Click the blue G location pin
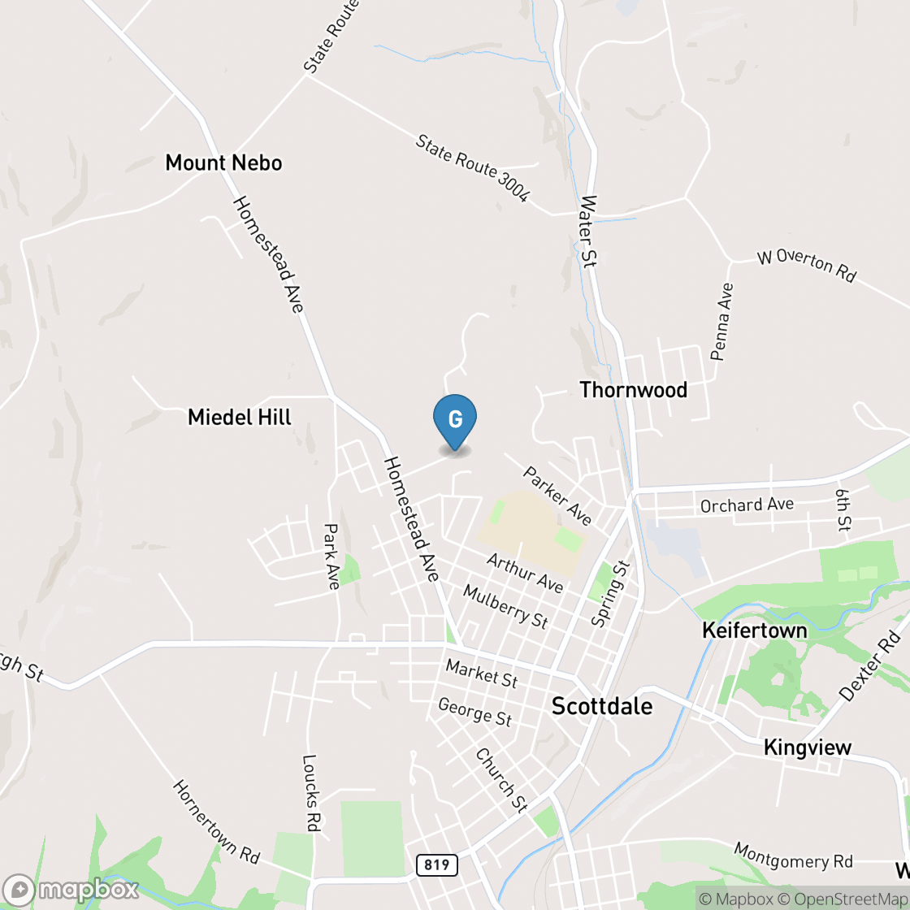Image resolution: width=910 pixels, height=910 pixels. point(455,420)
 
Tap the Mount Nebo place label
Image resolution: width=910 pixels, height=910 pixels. point(223,162)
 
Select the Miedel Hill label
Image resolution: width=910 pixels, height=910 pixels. point(239,418)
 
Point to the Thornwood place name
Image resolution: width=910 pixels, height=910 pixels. point(633,390)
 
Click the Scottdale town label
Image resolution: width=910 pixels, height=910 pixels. point(601,706)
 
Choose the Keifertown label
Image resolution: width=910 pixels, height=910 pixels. point(754,630)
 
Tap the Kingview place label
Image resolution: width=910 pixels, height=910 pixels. point(807,747)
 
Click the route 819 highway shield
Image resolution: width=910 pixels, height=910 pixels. point(436,864)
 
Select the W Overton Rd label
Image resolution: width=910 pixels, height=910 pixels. point(806,265)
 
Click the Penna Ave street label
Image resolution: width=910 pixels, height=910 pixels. point(721,322)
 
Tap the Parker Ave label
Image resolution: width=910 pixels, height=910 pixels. point(557,495)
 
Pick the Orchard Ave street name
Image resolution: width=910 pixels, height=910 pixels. point(747,505)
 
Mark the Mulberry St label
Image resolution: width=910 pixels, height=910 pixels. point(505,606)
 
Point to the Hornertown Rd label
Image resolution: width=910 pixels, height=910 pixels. point(216,821)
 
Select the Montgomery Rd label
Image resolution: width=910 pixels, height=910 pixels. point(793,855)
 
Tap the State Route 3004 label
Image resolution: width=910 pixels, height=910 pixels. point(472,168)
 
